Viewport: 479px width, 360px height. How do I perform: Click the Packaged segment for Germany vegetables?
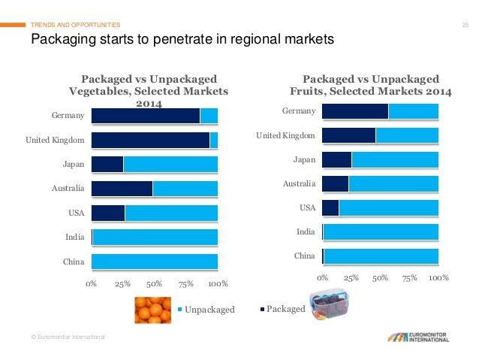pyautogui.click(x=145, y=116)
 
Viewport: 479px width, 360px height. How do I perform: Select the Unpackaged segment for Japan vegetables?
pyautogui.click(x=170, y=165)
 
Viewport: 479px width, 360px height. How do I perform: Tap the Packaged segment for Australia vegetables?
pyautogui.click(x=122, y=189)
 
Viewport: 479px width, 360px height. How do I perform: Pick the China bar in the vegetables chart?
pyautogui.click(x=154, y=262)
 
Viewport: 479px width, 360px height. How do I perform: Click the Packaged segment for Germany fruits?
pyautogui.click(x=354, y=111)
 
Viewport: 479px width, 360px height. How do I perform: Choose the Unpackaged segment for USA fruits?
pyautogui.click(x=388, y=207)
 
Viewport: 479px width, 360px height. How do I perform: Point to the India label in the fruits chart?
pyautogui.click(x=305, y=232)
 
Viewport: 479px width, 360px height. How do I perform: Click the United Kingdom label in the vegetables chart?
pyautogui.click(x=55, y=141)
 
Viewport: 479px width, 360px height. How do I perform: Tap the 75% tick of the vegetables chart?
pyautogui.click(x=186, y=283)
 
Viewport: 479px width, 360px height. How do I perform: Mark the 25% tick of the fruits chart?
pyautogui.click(x=351, y=278)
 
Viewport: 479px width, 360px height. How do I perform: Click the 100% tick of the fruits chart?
pyautogui.click(x=438, y=278)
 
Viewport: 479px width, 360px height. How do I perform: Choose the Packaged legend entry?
pyautogui.click(x=285, y=309)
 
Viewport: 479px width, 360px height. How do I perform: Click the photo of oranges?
pyautogui.click(x=152, y=310)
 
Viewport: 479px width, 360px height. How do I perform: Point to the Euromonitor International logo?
pyautogui.click(x=414, y=336)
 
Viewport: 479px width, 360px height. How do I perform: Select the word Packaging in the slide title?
pyautogui.click(x=62, y=39)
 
